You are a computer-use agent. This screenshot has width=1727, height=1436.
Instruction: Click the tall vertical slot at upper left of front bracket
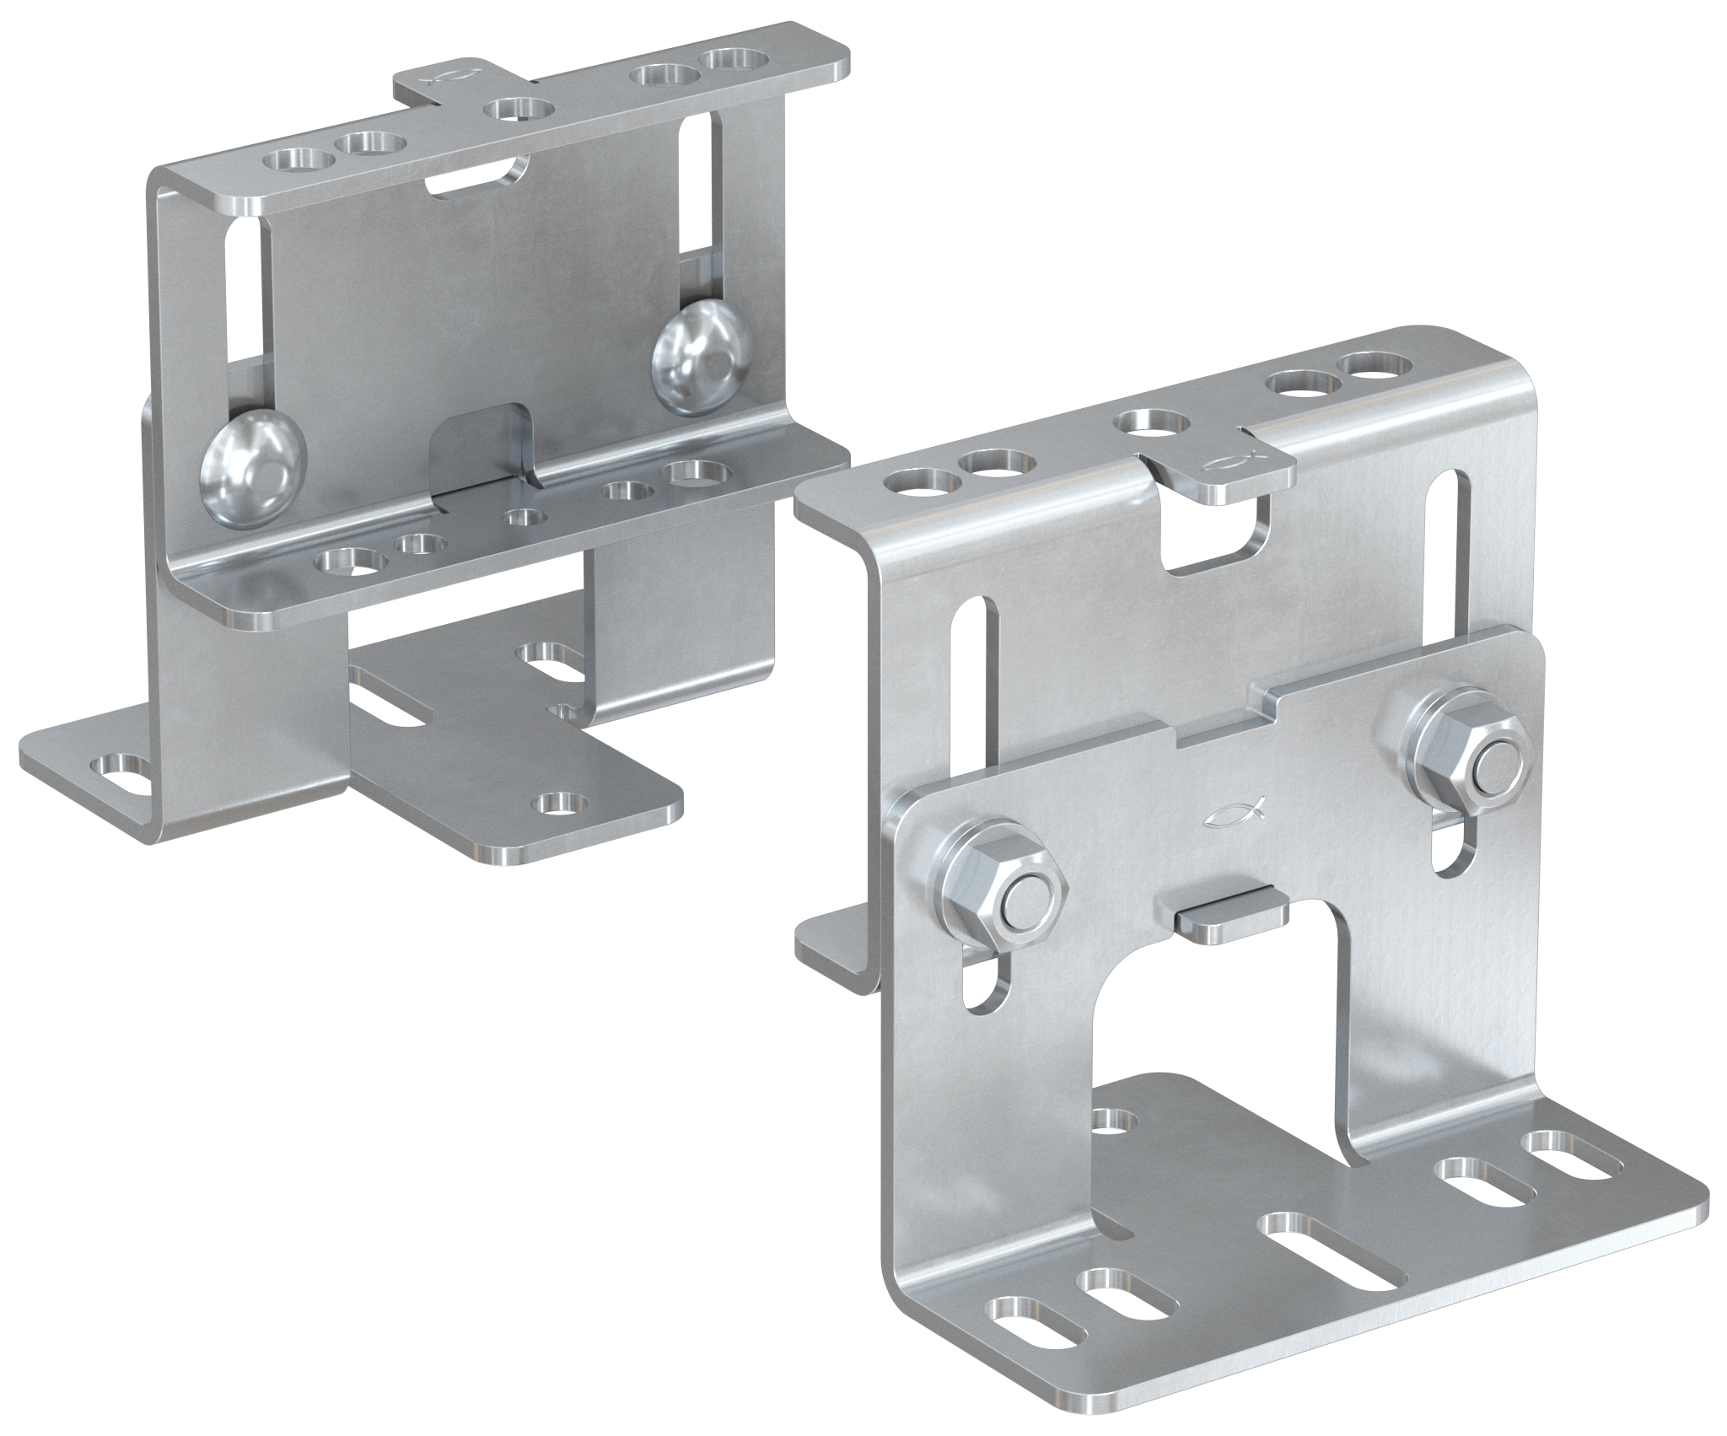(977, 683)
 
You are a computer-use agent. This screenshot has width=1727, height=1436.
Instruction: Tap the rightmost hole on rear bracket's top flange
(735, 60)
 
